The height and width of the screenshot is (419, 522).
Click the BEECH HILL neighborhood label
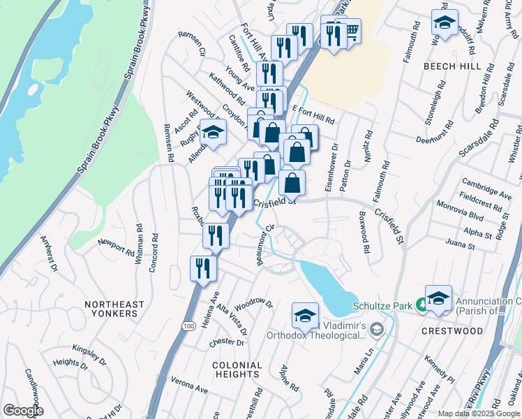click(452, 66)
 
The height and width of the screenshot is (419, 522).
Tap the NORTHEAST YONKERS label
click(114, 309)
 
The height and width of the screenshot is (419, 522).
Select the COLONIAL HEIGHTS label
click(237, 369)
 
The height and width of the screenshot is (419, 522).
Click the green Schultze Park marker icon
click(422, 305)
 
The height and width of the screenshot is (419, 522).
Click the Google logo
click(22, 411)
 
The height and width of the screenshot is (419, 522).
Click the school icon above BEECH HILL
click(445, 23)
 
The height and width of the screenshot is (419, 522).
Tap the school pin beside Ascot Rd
click(213, 132)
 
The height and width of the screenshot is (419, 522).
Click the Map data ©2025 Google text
click(478, 413)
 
